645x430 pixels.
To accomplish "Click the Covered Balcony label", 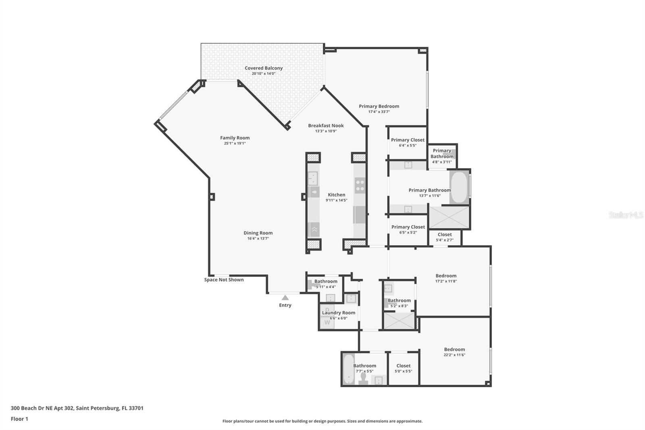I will tap(264, 68).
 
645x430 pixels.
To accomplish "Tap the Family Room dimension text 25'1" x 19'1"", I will tap(235, 143).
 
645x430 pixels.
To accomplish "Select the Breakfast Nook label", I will tap(326, 125).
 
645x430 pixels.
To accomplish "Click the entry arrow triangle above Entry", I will tap(285, 298).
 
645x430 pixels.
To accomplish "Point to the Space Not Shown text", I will tap(224, 280).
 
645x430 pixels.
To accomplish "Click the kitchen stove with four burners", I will tap(360, 186).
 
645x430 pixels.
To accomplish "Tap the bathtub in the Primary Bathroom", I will tap(459, 188).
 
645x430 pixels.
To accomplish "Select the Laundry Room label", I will tap(339, 313).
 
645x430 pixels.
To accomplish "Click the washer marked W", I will tap(327, 322).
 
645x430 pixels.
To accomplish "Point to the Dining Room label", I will tap(258, 233).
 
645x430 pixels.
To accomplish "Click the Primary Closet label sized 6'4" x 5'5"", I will tap(408, 140).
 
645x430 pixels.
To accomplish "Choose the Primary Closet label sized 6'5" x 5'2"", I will tap(408, 227).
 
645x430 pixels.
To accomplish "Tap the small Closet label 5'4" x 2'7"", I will tap(445, 234).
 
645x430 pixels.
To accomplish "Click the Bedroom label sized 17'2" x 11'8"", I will tap(446, 276).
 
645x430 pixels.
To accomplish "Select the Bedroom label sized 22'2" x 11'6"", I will tap(454, 349).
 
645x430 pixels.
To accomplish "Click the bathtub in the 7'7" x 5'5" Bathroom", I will tap(348, 369).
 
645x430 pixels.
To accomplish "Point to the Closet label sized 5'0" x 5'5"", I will tap(403, 366).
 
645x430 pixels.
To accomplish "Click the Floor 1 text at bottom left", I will tap(19, 419).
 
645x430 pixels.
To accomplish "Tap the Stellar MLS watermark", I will tap(626, 215).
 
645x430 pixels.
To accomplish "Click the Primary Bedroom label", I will tap(379, 106).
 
